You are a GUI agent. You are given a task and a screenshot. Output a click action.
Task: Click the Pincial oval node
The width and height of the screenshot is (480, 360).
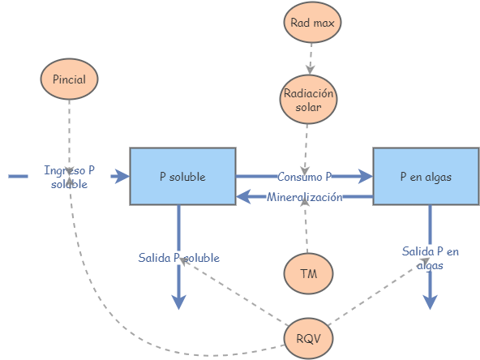tap(69, 79)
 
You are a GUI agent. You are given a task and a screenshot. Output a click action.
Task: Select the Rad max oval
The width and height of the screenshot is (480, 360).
tap(313, 22)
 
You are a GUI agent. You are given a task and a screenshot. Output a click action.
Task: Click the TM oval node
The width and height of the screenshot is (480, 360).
tap(308, 273)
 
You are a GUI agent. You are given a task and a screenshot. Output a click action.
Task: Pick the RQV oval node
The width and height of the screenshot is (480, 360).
tap(308, 336)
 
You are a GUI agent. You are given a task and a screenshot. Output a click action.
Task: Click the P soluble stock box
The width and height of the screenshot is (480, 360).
tap(182, 176)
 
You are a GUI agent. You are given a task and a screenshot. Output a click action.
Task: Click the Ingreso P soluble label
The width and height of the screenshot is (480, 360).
tap(69, 177)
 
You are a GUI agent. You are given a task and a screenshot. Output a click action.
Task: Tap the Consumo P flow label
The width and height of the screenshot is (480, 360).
tap(305, 176)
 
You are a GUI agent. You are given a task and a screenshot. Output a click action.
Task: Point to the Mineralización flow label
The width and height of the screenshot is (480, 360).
tap(305, 197)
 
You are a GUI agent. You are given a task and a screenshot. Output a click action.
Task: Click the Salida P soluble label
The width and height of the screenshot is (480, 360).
tap(178, 258)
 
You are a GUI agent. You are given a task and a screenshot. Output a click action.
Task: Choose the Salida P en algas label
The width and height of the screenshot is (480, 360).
tap(431, 258)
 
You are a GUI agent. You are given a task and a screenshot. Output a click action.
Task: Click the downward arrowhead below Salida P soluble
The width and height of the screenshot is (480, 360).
tap(178, 301)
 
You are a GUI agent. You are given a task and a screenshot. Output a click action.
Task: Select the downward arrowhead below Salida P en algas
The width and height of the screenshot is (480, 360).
tap(431, 301)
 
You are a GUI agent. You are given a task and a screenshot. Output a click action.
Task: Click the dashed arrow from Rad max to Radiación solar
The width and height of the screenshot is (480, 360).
tap(311, 57)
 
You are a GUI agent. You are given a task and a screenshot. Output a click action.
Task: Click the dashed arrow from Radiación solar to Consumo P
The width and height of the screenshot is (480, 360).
tap(306, 146)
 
